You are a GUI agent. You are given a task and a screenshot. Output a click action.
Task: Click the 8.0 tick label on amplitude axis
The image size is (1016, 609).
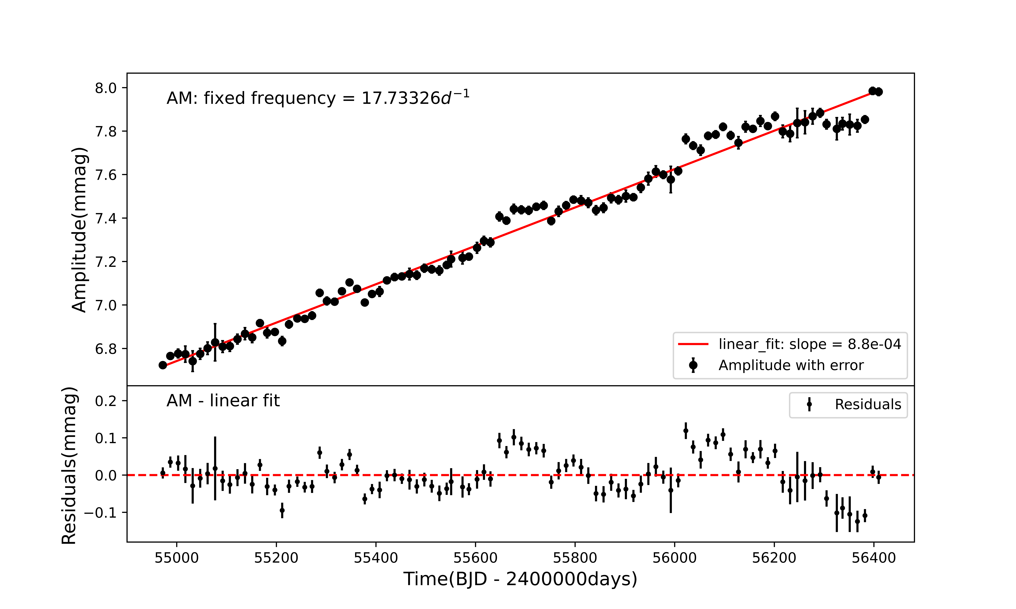[106, 88]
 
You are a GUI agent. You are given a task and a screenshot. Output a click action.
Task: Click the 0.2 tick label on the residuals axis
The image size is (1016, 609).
[106, 401]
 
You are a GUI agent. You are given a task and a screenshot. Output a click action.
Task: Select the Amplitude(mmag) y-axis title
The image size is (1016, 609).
[79, 230]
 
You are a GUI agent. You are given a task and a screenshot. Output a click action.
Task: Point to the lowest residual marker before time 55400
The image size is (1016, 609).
[282, 511]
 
